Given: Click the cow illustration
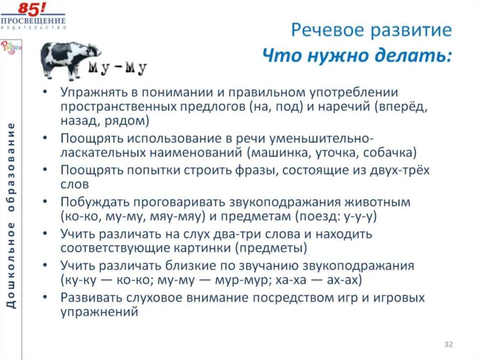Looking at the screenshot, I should pyautogui.click(x=70, y=59).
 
